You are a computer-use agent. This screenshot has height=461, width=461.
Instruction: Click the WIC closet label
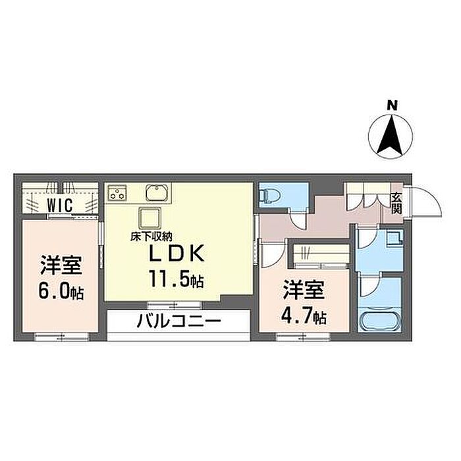coord(60,205)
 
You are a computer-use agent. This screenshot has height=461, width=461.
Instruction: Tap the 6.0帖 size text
coord(61,292)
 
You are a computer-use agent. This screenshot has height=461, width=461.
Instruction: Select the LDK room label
coord(176,253)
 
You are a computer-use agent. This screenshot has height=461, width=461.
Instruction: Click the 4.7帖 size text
coord(304,316)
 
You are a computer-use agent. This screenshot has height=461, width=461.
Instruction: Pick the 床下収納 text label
coord(151,236)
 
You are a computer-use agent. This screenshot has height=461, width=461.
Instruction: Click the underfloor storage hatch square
coord(150,218)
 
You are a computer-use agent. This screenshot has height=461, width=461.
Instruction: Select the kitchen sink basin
coord(157,193)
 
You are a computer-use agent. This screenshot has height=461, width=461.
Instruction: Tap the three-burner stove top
coord(117,193)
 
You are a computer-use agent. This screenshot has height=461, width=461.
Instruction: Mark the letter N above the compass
coord(392,105)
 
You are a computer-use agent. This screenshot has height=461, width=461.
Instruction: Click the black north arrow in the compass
coord(391,135)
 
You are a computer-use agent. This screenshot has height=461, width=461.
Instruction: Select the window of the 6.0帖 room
coord(62,337)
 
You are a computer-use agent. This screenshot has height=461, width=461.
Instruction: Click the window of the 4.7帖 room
coord(304,337)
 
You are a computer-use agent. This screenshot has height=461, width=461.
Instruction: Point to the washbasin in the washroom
coord(394,237)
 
